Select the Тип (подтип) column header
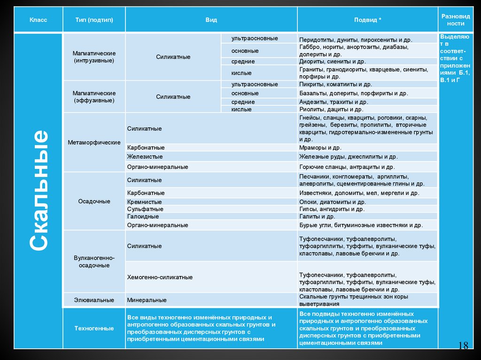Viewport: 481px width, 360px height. click(93, 20)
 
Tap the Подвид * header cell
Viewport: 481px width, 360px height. click(368, 20)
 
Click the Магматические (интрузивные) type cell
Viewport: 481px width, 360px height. click(94, 57)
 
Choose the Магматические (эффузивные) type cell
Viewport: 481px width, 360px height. click(94, 97)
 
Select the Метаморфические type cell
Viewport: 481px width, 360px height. click(94, 142)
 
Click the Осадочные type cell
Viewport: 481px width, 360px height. click(94, 201)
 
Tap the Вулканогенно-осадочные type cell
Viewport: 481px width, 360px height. click(94, 261)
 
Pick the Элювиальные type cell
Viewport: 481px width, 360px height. click(94, 299)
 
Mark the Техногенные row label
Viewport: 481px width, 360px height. click(94, 328)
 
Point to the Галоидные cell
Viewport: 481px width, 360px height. click(143, 216)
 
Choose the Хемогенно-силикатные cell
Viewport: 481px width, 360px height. click(160, 277)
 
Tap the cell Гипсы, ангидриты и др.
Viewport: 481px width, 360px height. click(332, 209)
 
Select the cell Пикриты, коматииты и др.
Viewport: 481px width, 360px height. click(335, 84)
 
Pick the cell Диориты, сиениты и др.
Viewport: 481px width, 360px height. click(332, 61)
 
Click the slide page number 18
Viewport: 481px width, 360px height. click(463, 346)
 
